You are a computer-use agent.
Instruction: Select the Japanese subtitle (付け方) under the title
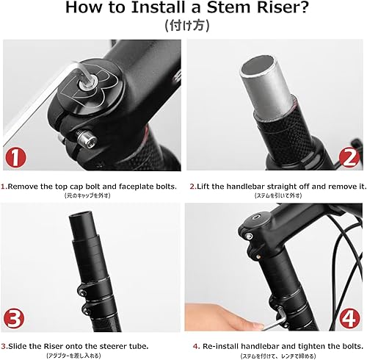click(183, 26)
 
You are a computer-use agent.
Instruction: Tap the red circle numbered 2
click(350, 157)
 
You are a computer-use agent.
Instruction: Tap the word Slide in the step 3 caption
click(21, 345)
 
